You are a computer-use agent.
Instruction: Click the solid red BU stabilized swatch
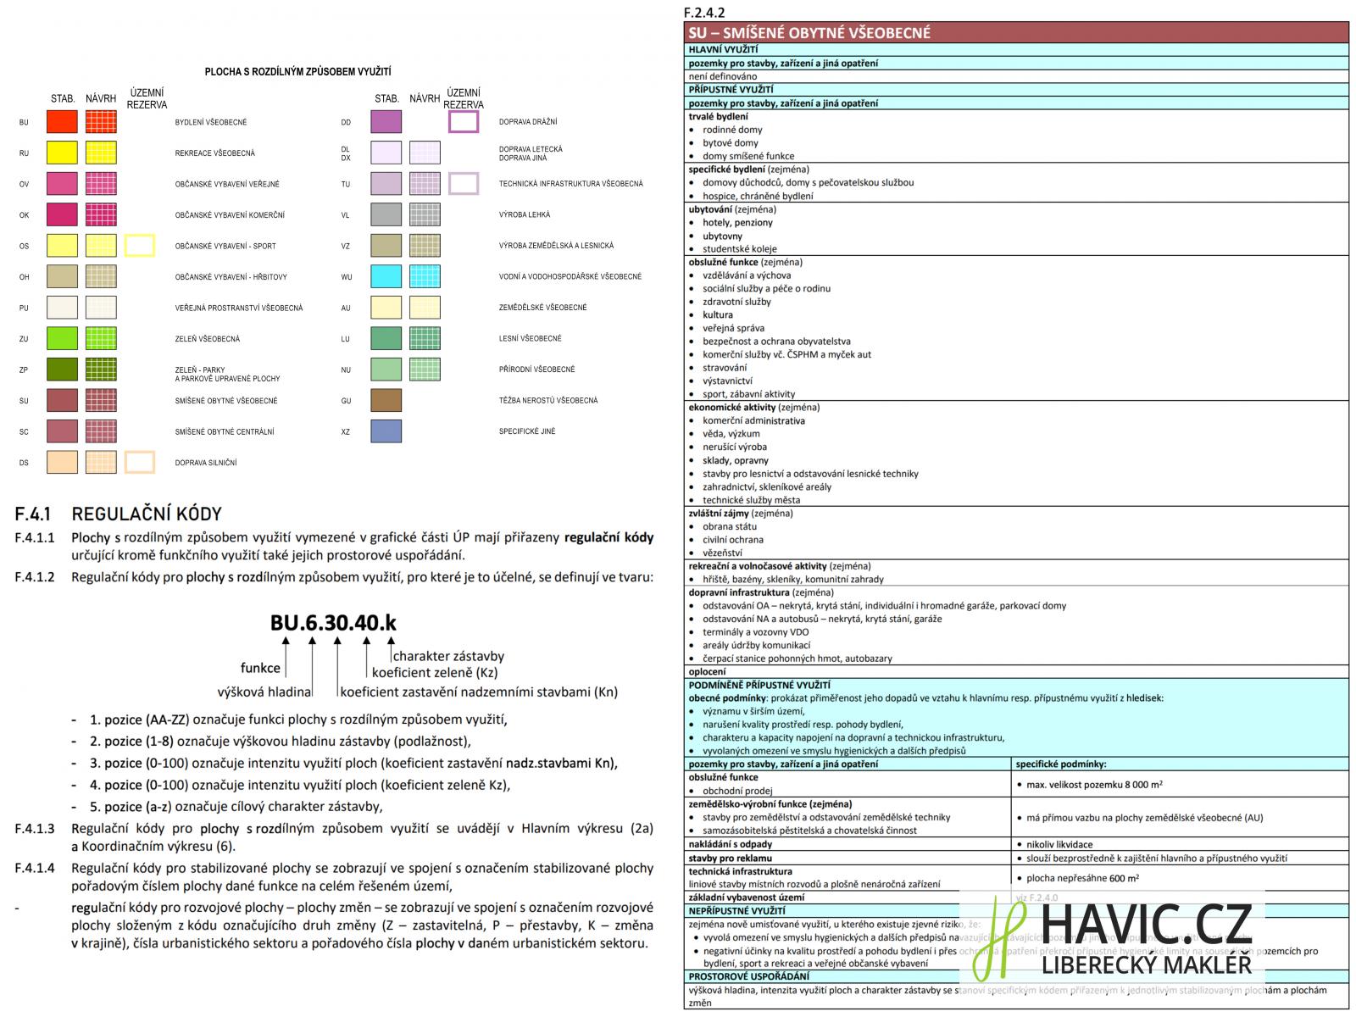click(x=62, y=121)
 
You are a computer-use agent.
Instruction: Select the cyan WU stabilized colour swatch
click(x=386, y=276)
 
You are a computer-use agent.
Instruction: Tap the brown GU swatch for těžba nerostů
click(x=386, y=400)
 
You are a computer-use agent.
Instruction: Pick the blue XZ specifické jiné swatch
click(x=386, y=431)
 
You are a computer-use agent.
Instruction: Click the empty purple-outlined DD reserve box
click(x=464, y=121)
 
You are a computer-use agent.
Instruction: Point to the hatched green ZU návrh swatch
click(x=101, y=338)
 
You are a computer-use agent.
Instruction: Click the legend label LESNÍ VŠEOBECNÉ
click(x=530, y=338)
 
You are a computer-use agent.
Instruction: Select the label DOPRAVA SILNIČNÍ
click(x=206, y=463)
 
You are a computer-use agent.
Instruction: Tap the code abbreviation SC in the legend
click(x=24, y=432)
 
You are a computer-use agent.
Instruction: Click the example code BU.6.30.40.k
click(x=333, y=623)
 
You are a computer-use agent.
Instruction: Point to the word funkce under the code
click(x=260, y=668)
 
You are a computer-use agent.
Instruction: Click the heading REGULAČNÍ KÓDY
click(x=147, y=514)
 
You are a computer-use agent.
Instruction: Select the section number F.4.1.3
click(x=35, y=829)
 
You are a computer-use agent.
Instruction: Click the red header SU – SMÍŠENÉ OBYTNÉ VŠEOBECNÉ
click(x=809, y=33)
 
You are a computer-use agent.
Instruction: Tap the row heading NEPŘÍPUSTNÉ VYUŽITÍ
click(x=737, y=910)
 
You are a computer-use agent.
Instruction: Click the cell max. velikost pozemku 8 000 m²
click(x=1093, y=785)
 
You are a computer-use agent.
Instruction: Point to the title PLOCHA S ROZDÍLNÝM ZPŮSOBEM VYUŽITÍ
click(x=297, y=72)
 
